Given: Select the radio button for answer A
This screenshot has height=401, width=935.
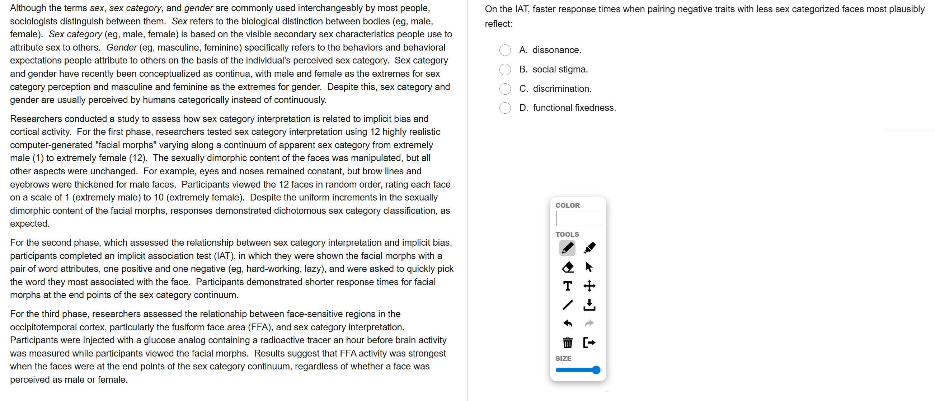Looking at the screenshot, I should pyautogui.click(x=505, y=50).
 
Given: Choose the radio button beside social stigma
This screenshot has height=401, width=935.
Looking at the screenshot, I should pyautogui.click(x=505, y=69).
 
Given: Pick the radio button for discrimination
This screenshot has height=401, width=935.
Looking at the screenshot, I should pyautogui.click(x=505, y=89).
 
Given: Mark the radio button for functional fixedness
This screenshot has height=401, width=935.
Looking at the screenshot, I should pyautogui.click(x=505, y=108).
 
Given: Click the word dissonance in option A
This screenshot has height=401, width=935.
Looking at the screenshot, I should pyautogui.click(x=556, y=50).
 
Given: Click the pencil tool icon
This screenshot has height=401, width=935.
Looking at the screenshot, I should pyautogui.click(x=567, y=248).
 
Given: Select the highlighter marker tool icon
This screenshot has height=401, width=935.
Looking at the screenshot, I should pyautogui.click(x=589, y=248).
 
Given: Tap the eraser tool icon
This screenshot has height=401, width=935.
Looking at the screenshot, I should pyautogui.click(x=567, y=268).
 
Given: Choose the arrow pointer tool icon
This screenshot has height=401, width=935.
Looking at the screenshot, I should pyautogui.click(x=589, y=268).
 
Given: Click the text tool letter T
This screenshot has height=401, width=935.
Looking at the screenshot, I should pyautogui.click(x=567, y=286).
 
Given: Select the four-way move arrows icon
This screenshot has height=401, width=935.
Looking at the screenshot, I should pyautogui.click(x=589, y=286).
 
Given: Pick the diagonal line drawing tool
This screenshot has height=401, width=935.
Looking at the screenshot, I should pyautogui.click(x=567, y=305).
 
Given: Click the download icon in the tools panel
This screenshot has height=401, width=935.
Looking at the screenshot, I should pyautogui.click(x=589, y=305).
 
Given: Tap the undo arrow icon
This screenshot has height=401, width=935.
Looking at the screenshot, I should pyautogui.click(x=567, y=323).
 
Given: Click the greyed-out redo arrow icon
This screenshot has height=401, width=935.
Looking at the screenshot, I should pyautogui.click(x=589, y=323).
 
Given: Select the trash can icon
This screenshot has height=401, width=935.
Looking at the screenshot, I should pyautogui.click(x=567, y=343).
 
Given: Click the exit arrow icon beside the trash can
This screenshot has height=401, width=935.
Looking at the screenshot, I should pyautogui.click(x=589, y=343).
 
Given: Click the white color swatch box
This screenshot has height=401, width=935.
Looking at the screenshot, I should pyautogui.click(x=578, y=219).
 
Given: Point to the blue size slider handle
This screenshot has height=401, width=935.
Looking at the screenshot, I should pyautogui.click(x=596, y=370).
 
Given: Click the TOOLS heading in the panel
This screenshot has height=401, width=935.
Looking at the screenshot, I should pyautogui.click(x=567, y=235).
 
